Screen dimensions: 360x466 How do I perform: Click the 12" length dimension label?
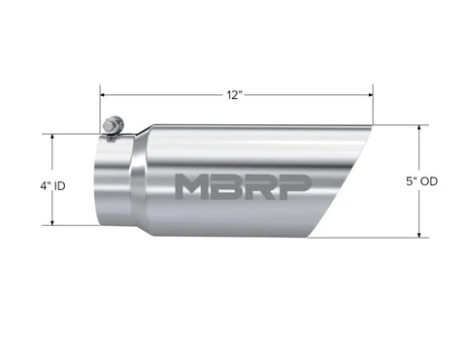235,95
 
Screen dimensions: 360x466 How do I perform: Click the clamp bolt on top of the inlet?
113,127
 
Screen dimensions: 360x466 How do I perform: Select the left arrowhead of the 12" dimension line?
102,96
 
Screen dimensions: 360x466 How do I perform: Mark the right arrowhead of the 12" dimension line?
370,96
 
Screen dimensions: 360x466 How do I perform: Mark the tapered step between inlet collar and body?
142,181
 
